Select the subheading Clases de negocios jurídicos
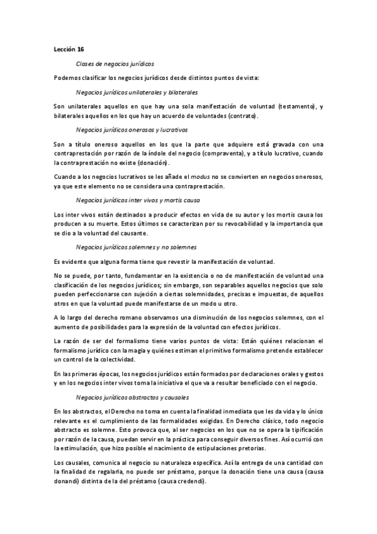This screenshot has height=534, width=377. pos(115,64)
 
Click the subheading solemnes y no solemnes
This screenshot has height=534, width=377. pos(136,247)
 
